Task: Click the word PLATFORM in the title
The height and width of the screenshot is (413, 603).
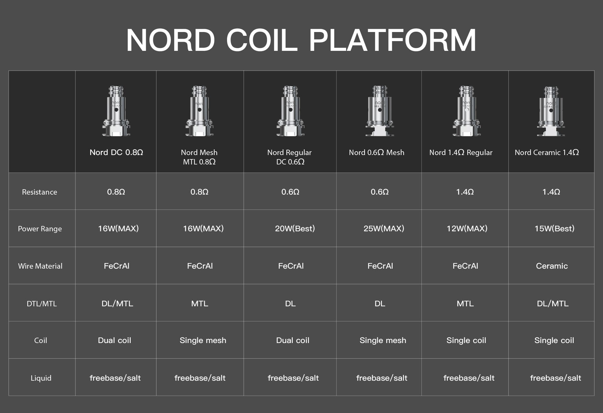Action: pos(393,40)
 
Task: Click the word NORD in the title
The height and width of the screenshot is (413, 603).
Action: pos(171,40)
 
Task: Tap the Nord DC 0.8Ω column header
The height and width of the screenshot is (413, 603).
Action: pos(116,153)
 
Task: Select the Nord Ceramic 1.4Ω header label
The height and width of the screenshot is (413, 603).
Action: pos(547,153)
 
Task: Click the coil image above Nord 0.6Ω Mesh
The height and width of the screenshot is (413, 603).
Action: pos(379,111)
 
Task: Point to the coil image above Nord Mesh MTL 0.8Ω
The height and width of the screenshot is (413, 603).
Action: pos(199,111)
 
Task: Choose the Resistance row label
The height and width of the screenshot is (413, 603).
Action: pos(40,192)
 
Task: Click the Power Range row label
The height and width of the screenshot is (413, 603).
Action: pos(40,229)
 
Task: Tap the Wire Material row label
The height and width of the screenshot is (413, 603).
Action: pos(40,266)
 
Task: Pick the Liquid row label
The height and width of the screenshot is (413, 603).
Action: pos(41,378)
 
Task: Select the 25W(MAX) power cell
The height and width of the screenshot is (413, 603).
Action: pos(384,228)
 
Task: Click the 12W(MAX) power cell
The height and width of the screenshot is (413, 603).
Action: pos(467,228)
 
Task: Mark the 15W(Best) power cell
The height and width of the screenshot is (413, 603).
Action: pos(554,228)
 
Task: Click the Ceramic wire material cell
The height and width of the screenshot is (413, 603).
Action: pos(552,266)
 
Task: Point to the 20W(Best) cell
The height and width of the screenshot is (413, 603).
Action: pos(295,228)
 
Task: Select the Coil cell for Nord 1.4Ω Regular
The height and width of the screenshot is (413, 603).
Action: pos(466,341)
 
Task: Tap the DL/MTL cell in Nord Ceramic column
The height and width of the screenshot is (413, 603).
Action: pos(553,303)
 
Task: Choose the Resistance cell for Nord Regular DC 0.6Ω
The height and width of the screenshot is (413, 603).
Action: pos(290,192)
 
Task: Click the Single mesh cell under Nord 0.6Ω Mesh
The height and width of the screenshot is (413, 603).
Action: pos(383,341)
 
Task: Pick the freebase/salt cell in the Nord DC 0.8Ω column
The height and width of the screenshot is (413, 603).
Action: pos(115,378)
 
